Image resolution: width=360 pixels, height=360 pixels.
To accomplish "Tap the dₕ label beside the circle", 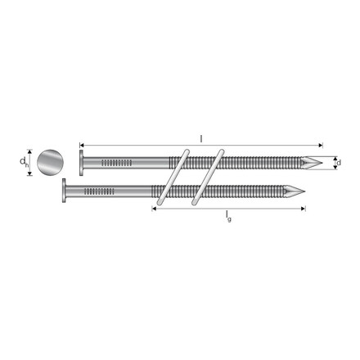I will (x=25, y=164).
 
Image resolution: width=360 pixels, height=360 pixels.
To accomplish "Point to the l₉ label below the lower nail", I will (x=228, y=217).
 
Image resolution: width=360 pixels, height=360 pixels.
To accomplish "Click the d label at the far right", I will (x=339, y=164).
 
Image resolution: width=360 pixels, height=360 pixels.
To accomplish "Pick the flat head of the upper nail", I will (x=80, y=163).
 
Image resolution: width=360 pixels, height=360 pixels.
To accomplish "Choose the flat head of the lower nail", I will (x=65, y=192).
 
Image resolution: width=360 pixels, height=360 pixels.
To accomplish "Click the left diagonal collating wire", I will (x=176, y=178).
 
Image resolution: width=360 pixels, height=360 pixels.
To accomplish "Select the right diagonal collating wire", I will (x=206, y=178).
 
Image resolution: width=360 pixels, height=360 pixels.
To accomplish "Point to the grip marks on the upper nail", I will (x=116, y=163).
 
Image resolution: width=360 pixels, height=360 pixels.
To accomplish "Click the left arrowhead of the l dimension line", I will (x=82, y=140).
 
